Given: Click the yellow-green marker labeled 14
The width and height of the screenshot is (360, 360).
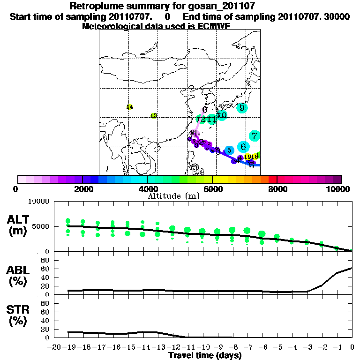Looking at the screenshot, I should pos(130,107).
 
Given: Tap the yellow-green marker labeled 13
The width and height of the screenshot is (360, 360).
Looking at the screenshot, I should pos(153,116).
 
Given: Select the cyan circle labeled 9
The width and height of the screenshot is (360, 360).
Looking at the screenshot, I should pos(242,108).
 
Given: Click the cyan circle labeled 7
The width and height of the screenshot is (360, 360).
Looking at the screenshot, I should pos(255,136).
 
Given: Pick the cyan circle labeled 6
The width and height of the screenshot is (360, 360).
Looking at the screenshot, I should pos(243,147).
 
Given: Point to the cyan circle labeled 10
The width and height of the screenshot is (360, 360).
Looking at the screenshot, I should pos(222,115).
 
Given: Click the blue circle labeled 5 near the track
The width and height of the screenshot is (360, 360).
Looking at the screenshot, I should pos(229,150).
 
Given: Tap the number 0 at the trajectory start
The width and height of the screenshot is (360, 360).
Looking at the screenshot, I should pos(205,110).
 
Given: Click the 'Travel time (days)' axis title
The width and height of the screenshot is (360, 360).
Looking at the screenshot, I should pos(205,356).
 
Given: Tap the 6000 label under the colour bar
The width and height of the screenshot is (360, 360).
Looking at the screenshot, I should pos(212,189).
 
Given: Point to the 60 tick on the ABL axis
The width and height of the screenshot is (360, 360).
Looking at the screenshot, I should pos(45,269).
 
